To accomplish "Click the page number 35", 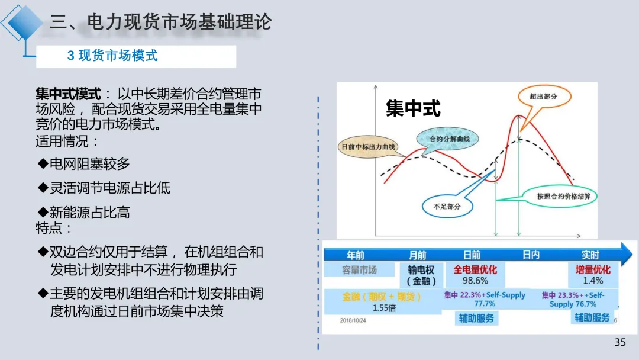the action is [620, 342].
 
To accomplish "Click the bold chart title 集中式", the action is [413, 108].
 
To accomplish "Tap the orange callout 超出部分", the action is [544, 96].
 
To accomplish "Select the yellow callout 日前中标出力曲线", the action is [368, 146].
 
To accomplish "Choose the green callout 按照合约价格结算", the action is [559, 196].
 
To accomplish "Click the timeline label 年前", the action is [356, 255].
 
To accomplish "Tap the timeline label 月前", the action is [418, 255].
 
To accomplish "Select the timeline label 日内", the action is [531, 255].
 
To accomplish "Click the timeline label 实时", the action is [590, 255].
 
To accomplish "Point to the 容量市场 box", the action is [359, 270].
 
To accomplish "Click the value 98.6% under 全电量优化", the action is [475, 281].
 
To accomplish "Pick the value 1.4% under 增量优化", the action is [593, 281].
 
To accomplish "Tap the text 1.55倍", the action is [384, 308].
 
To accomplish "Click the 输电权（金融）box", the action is [421, 275].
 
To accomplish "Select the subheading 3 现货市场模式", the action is [112, 56].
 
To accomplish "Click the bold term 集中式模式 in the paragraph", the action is [69, 94].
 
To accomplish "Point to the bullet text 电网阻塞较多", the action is [89, 163].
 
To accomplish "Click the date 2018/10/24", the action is [354, 320].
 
